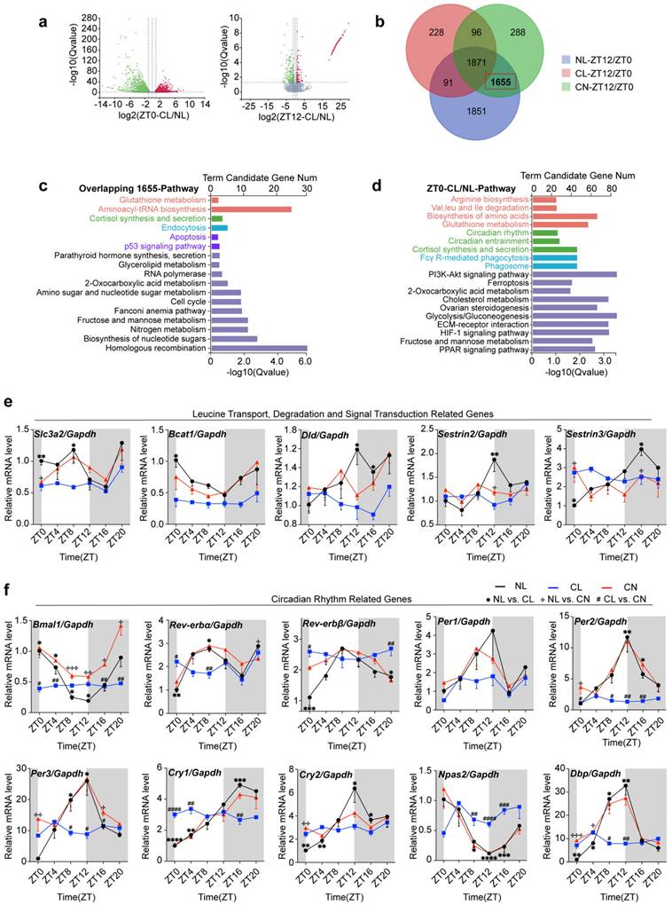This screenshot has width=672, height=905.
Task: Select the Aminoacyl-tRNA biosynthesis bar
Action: click(251, 209)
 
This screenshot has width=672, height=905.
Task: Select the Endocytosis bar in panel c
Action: click(219, 228)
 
